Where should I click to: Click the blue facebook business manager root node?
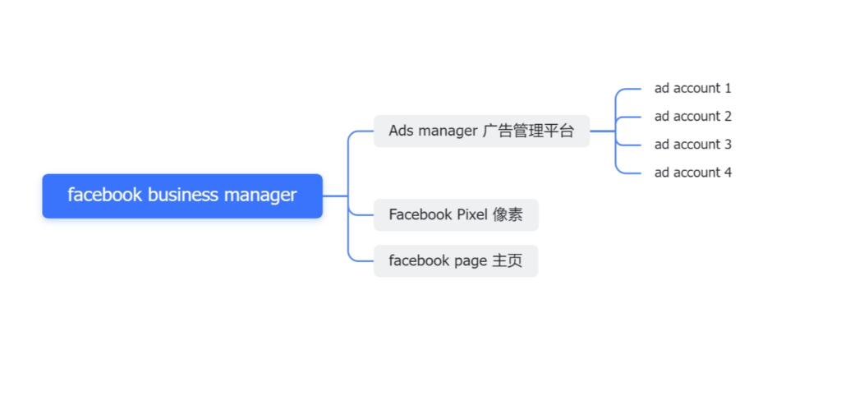point(182,196)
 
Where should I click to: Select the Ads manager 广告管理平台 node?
point(481,131)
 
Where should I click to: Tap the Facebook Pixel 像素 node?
point(456,214)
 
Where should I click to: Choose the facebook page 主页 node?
point(456,261)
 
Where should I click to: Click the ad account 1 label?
point(692,88)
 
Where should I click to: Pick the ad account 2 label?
point(692,116)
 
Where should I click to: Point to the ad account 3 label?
point(692,144)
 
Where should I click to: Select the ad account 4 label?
point(692,172)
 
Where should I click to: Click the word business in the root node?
point(183,196)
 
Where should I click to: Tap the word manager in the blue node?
point(260,196)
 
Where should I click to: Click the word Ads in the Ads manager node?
point(401,131)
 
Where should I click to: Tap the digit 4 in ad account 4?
point(728,172)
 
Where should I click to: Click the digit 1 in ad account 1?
point(728,88)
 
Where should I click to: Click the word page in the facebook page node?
point(471,261)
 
